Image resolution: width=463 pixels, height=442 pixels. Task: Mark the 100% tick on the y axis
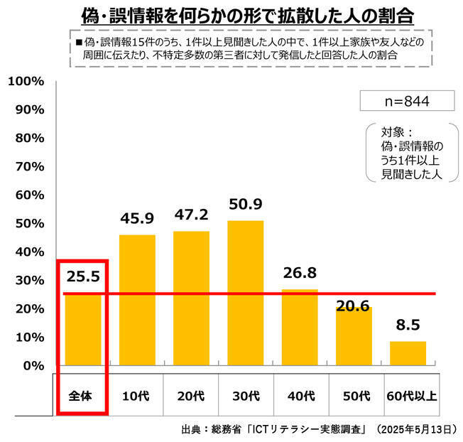click(x=26, y=81)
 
